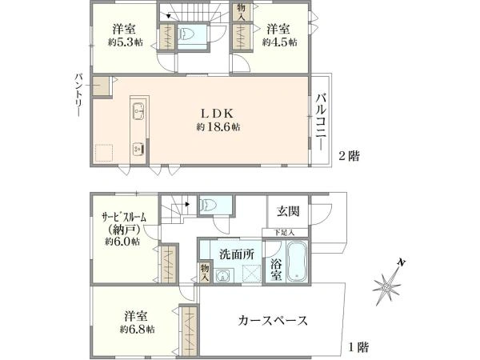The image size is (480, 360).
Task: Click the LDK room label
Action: [x=217, y=114]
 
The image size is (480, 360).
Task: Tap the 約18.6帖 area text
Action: [x=218, y=127]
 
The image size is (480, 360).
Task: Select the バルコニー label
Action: [x=321, y=122]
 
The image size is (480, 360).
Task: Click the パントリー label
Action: [x=78, y=94]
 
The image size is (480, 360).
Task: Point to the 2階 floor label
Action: [x=349, y=156]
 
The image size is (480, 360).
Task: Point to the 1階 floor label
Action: [x=358, y=347]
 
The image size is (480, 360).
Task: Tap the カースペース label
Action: [x=273, y=321]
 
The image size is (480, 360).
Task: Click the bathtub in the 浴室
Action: [x=298, y=261]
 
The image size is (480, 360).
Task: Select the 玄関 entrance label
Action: [x=288, y=211]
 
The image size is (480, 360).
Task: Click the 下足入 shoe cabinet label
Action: [x=284, y=233]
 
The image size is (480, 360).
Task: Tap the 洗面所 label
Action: [x=237, y=254]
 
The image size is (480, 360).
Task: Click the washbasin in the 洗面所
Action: [x=223, y=275]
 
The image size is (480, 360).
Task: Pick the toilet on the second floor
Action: [x=186, y=34]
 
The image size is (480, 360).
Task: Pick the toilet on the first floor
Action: [x=207, y=202]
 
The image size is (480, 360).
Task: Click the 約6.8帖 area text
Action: [x=137, y=330]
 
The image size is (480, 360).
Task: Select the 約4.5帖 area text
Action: [x=279, y=42]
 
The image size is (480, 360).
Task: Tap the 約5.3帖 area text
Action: [x=125, y=42]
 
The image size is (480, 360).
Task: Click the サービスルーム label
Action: [x=124, y=218]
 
